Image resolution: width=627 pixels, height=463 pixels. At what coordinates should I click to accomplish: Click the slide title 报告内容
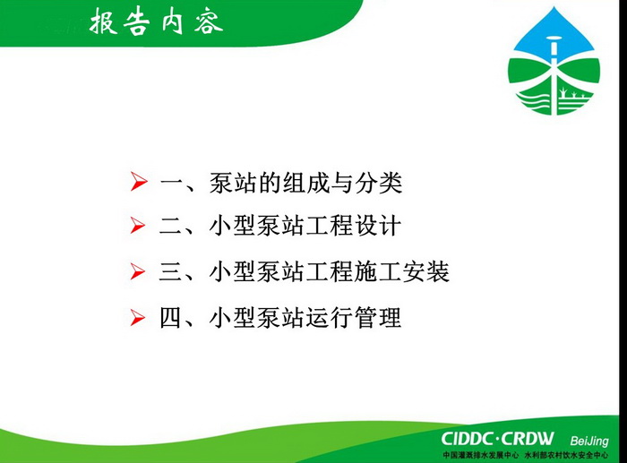pyautogui.click(x=156, y=21)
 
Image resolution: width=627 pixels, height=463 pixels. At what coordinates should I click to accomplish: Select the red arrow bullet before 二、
pyautogui.click(x=138, y=226)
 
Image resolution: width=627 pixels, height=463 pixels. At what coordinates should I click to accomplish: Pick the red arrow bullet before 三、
pyautogui.click(x=138, y=271)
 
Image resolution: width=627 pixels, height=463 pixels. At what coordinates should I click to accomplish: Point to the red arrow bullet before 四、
pyautogui.click(x=138, y=318)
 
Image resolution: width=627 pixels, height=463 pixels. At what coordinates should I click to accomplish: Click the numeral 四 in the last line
pyautogui.click(x=171, y=318)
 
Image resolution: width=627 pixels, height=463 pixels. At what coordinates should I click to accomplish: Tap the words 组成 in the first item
pyautogui.click(x=305, y=183)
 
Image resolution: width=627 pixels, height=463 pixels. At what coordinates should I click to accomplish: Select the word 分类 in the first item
pyautogui.click(x=379, y=183)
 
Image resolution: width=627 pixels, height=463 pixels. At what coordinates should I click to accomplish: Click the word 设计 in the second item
pyautogui.click(x=378, y=226)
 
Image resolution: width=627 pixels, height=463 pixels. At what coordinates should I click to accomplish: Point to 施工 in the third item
pyautogui.click(x=378, y=272)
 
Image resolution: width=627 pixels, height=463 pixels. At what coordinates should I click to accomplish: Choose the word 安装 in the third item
pyautogui.click(x=425, y=272)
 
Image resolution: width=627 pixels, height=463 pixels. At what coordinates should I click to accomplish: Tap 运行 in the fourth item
pyautogui.click(x=330, y=318)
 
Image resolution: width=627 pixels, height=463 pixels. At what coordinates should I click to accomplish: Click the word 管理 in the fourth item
pyautogui.click(x=378, y=318)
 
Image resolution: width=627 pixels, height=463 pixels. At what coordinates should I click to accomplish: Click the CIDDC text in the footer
pyautogui.click(x=467, y=439)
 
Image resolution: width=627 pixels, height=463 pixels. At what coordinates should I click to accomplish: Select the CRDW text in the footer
pyautogui.click(x=528, y=439)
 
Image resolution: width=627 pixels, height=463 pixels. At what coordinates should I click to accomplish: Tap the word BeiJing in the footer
pyautogui.click(x=589, y=441)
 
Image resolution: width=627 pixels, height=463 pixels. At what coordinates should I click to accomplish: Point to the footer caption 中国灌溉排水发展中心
pyautogui.click(x=480, y=455)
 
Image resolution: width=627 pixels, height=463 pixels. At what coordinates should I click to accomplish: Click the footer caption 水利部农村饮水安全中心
pyautogui.click(x=567, y=455)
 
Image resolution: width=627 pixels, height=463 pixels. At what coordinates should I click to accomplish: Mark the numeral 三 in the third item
pyautogui.click(x=171, y=272)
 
